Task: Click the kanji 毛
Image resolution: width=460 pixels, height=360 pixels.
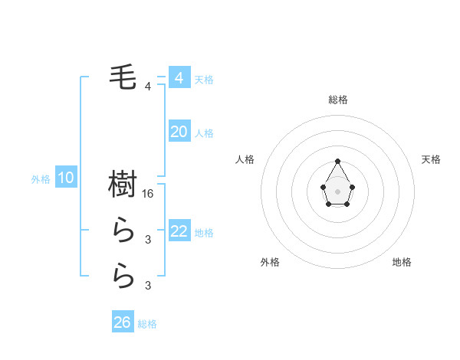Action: tap(123, 77)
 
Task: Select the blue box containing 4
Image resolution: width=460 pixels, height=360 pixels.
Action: tap(179, 77)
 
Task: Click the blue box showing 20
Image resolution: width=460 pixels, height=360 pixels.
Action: tap(179, 132)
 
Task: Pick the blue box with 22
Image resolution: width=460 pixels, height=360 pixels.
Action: tap(179, 231)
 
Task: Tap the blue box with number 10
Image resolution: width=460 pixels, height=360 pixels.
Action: tap(66, 178)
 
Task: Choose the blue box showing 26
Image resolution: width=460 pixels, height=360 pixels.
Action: tap(123, 322)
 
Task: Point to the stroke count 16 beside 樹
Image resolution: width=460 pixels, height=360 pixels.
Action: tap(149, 194)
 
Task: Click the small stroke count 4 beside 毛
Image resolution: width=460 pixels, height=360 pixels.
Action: tap(148, 87)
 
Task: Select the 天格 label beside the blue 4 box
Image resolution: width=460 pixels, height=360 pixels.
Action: tap(204, 80)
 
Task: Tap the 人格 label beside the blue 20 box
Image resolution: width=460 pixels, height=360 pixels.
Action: tap(204, 133)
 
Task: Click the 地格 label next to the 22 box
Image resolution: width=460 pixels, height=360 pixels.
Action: tap(204, 233)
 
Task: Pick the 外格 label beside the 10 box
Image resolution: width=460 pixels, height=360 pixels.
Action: tap(41, 179)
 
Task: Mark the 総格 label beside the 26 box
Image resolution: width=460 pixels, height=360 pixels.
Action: tap(147, 324)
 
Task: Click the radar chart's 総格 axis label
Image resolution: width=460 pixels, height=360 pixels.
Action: tap(338, 100)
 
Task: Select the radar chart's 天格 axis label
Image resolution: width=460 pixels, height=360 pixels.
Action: tap(431, 159)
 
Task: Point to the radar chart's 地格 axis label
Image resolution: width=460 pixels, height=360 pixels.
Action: tap(402, 262)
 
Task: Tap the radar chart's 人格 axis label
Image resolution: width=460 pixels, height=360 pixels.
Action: tap(245, 159)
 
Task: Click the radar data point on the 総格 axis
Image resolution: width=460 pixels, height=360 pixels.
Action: tap(338, 161)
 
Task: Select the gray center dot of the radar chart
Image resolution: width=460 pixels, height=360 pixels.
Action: tap(338, 191)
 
